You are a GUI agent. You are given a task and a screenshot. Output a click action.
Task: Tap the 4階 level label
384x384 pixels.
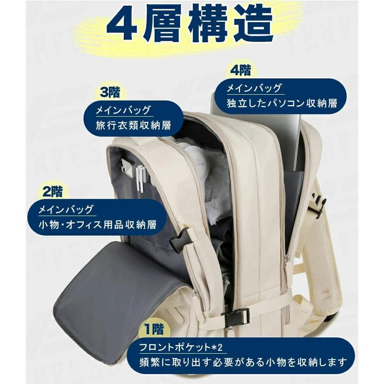point(240,71)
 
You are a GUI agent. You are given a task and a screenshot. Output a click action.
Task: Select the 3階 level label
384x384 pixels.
point(110,91)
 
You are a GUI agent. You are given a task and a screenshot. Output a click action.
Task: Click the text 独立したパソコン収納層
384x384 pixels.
point(282,103)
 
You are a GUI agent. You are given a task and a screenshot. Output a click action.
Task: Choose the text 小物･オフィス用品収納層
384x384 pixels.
point(99,224)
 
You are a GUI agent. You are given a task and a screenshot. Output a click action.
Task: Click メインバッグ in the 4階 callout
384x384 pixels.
point(254,88)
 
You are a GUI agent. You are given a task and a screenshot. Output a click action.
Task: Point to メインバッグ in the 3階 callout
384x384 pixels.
point(124,110)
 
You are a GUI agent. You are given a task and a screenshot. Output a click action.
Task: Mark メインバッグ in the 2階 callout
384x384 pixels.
point(68,209)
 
